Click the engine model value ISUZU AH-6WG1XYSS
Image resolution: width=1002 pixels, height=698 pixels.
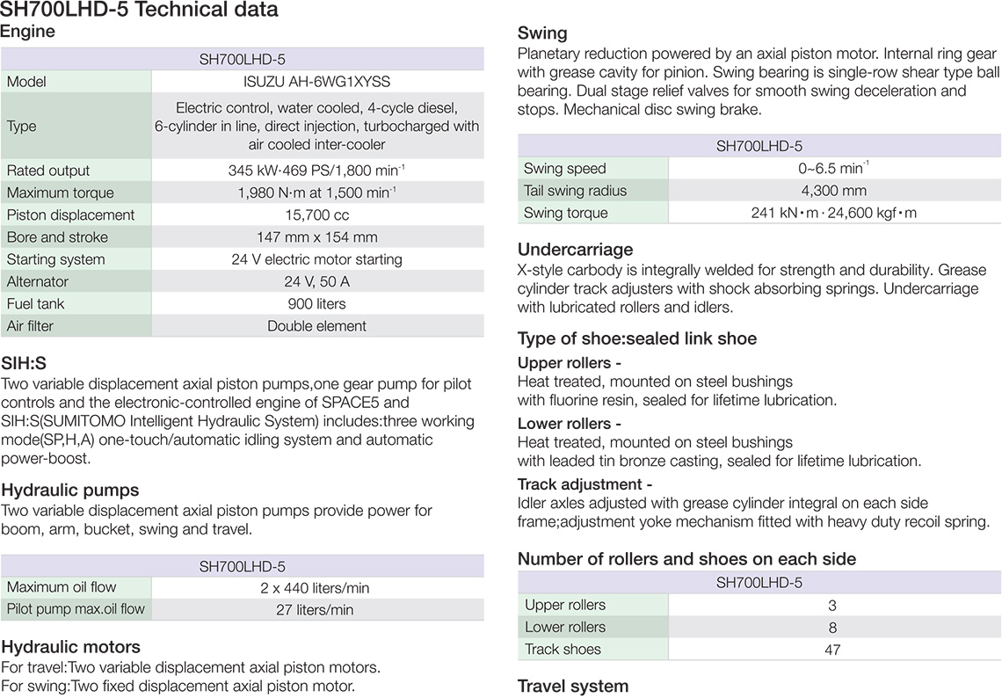[316, 82]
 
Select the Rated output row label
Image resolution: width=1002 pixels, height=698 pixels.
[48, 171]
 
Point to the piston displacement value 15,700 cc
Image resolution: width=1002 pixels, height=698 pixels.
[316, 215]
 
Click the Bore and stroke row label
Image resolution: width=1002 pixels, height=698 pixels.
[57, 237]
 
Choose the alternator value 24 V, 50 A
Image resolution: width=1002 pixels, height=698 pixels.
[316, 282]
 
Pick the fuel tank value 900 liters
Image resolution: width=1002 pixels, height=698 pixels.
[316, 304]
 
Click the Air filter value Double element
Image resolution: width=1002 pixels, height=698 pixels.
[316, 326]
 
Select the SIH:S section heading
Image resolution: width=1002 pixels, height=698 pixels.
[24, 363]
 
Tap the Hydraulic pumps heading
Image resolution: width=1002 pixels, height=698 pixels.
[70, 490]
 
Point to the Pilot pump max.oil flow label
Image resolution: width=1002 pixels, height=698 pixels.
[76, 609]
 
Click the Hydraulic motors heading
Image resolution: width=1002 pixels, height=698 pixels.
[71, 648]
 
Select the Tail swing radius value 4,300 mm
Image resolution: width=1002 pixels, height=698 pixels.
[833, 191]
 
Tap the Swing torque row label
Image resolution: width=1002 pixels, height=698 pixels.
[565, 213]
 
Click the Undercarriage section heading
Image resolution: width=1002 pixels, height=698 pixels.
[575, 250]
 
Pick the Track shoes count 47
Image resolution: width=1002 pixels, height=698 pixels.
[832, 650]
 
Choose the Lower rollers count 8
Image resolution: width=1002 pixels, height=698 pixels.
[832, 628]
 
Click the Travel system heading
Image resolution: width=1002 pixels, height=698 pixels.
[573, 687]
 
